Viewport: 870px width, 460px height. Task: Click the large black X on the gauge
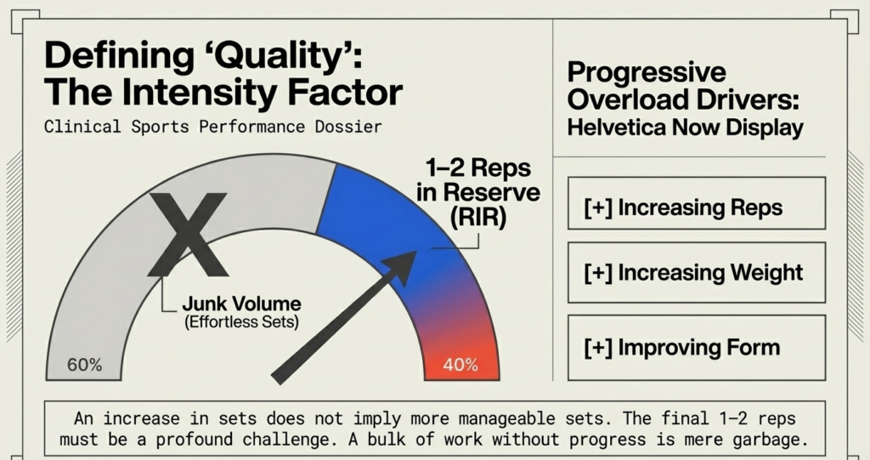(x=188, y=234)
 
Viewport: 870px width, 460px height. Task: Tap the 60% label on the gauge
(x=85, y=366)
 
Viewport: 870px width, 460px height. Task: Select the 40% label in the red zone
(x=460, y=366)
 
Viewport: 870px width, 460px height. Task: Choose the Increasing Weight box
(x=696, y=273)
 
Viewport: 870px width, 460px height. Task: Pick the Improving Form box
(x=696, y=347)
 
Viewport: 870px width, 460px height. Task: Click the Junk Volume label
(x=241, y=304)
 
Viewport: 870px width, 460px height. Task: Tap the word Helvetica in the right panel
(x=625, y=128)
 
